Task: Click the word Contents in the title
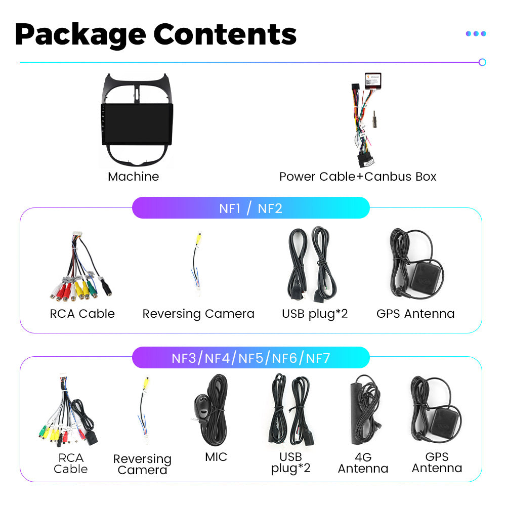click(225, 34)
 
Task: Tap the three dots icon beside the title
click(476, 33)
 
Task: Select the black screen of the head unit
click(137, 123)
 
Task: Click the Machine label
click(133, 177)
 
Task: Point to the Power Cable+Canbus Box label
click(358, 177)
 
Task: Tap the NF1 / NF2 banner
click(250, 208)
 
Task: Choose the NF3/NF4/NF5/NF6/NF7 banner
click(250, 359)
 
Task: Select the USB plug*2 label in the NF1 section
click(315, 314)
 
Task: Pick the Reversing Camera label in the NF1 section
click(198, 314)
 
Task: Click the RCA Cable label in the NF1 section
click(82, 314)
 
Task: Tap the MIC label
click(216, 457)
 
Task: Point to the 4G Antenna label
click(363, 462)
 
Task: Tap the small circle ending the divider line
click(482, 62)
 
